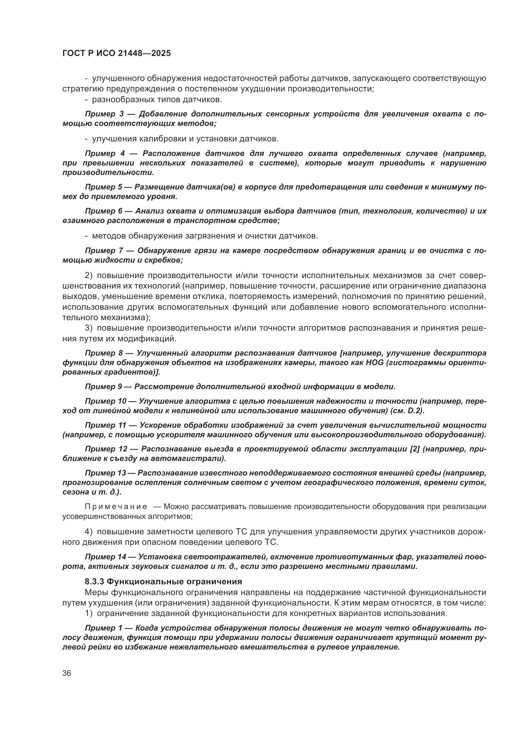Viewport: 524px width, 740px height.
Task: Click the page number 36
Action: point(67,673)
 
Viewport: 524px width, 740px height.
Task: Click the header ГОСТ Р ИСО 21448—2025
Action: point(117,53)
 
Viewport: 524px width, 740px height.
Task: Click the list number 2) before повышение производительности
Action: point(89,275)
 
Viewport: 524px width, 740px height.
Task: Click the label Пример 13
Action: point(106,473)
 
